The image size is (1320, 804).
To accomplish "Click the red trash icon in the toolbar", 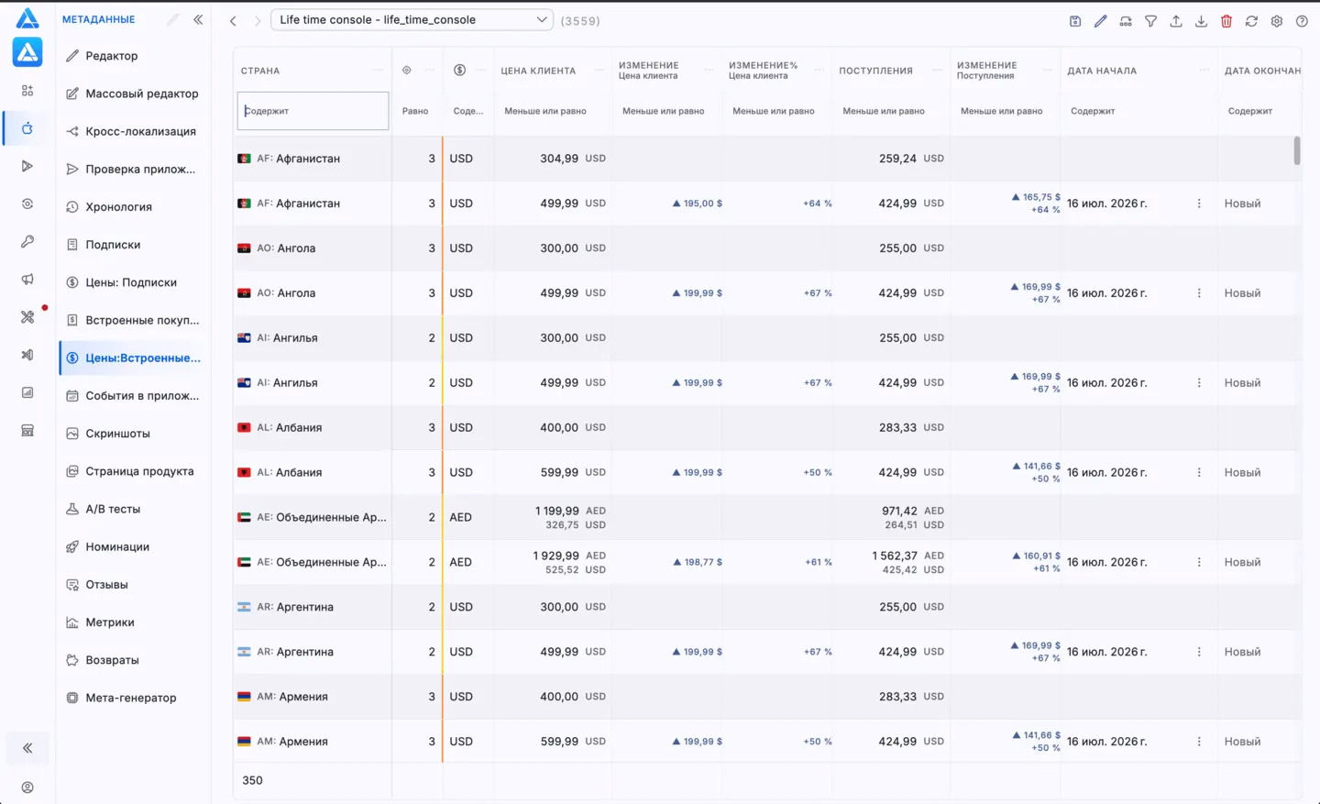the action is pyautogui.click(x=1226, y=21).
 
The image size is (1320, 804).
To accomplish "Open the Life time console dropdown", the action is pyautogui.click(x=412, y=20).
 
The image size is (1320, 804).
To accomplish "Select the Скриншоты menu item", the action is pyautogui.click(x=118, y=434).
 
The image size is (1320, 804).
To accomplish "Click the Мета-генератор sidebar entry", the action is pyautogui.click(x=131, y=698).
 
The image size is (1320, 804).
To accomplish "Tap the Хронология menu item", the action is pyautogui.click(x=118, y=207).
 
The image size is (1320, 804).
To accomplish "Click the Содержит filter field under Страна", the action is pyautogui.click(x=313, y=111).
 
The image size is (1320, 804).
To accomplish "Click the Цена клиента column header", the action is pyautogui.click(x=538, y=71).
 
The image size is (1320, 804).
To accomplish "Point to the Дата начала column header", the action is pyautogui.click(x=1102, y=71).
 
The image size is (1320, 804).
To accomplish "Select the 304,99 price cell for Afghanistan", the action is pyautogui.click(x=558, y=158).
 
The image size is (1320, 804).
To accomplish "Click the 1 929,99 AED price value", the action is pyautogui.click(x=555, y=556).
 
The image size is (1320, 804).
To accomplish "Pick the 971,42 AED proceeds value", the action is pyautogui.click(x=899, y=511).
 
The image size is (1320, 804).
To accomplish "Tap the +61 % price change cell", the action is pyautogui.click(x=818, y=562).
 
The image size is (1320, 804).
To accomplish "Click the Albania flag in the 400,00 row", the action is pyautogui.click(x=244, y=427).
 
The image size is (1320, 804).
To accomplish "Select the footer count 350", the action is pyautogui.click(x=252, y=780).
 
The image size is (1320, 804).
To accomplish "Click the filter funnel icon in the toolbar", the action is pyautogui.click(x=1150, y=21).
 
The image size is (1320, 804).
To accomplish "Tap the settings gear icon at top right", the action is pyautogui.click(x=1276, y=21).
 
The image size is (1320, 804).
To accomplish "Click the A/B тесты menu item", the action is pyautogui.click(x=113, y=509).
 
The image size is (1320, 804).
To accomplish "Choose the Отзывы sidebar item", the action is pyautogui.click(x=106, y=584).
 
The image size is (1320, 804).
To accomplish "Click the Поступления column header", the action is pyautogui.click(x=875, y=71).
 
